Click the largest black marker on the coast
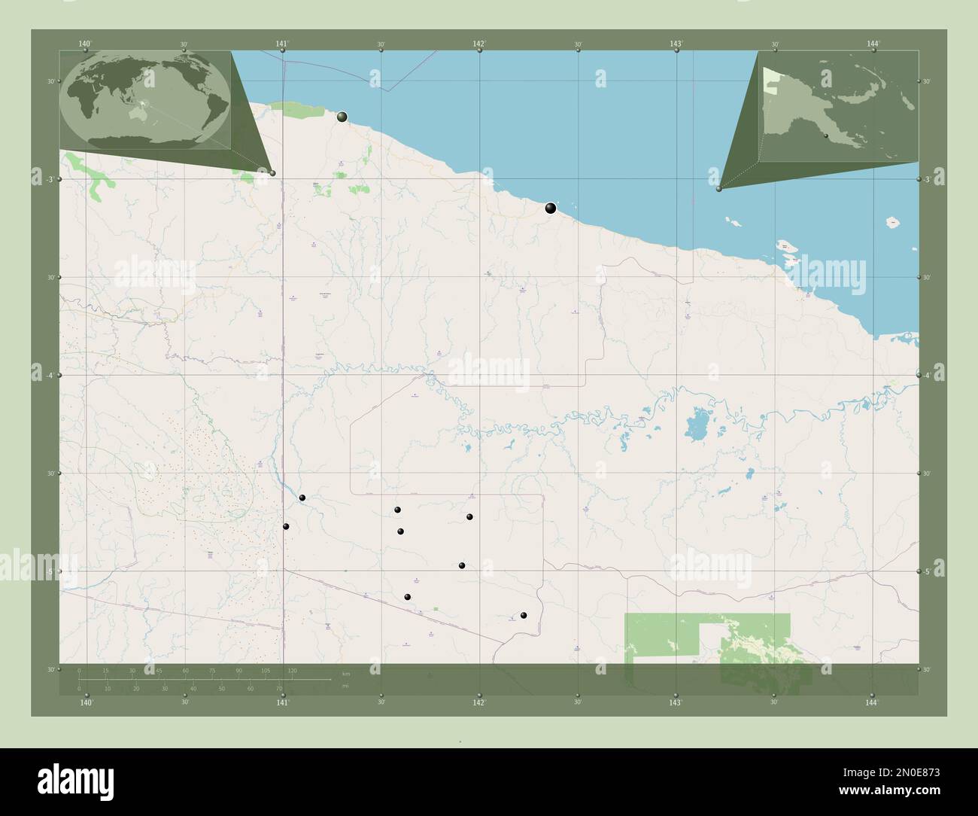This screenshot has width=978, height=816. [551, 208]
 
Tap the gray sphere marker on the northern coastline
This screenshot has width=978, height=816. [342, 117]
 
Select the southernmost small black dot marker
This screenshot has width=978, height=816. [524, 616]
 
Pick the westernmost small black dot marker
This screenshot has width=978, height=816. [286, 526]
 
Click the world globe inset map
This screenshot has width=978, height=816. [147, 100]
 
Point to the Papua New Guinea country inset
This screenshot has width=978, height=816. [838, 106]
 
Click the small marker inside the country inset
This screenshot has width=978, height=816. [826, 136]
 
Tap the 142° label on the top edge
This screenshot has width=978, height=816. [479, 44]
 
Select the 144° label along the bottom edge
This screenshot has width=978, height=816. [872, 702]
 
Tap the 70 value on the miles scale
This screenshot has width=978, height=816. [278, 688]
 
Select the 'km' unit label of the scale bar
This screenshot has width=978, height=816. [345, 674]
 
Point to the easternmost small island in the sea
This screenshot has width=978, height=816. [893, 222]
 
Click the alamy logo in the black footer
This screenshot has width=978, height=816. [76, 780]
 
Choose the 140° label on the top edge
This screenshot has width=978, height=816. [86, 44]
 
